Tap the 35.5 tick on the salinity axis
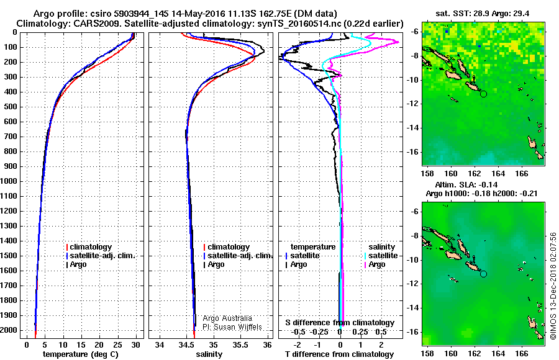point(241,344)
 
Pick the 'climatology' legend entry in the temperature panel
point(91,247)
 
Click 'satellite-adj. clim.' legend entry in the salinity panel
point(239,256)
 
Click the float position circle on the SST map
point(483,93)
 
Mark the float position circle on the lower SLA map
point(483,273)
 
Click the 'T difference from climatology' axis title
point(340,354)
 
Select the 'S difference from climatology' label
point(339,323)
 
